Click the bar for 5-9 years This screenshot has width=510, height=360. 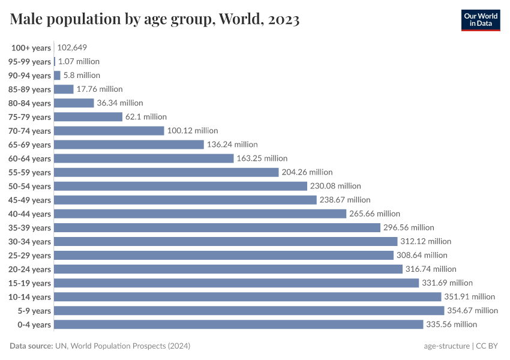tap(249, 310)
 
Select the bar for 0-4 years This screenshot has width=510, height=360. tap(238, 324)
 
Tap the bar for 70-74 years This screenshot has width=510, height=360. tap(109, 130)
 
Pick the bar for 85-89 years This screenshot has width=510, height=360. tap(64, 89)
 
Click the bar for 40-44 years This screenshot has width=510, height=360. tap(200, 214)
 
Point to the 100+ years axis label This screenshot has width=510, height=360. tap(31, 47)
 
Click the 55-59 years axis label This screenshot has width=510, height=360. tap(30, 172)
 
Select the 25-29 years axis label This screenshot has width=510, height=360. tap(30, 255)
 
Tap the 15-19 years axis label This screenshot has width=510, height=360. tap(30, 283)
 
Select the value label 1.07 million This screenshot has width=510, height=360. tap(79, 61)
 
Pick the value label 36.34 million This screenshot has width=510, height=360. tap(120, 103)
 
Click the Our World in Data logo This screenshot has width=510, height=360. tap(480, 19)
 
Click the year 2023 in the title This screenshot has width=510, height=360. tap(280, 20)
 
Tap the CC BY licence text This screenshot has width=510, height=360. tap(488, 346)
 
